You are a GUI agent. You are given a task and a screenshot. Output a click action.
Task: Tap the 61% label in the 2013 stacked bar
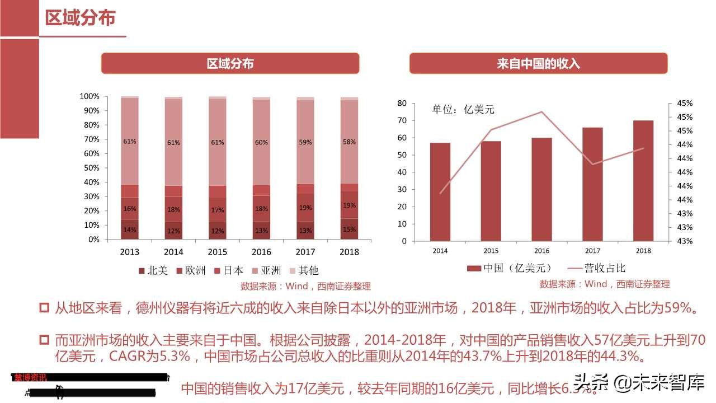[130, 142]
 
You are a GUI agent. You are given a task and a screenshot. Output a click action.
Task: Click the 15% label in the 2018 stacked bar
[349, 229]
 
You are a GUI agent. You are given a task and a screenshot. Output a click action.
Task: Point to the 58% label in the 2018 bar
[349, 142]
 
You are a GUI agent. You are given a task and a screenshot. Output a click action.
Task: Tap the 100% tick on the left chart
[89, 97]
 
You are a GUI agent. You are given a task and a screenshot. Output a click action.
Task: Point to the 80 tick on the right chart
[417, 104]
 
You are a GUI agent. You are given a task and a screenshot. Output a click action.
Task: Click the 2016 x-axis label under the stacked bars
[262, 252]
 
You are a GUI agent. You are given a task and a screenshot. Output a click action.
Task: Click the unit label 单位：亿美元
[463, 110]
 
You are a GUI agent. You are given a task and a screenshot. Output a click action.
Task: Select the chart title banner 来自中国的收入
[538, 64]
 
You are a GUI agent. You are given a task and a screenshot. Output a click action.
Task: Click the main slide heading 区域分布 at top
[81, 18]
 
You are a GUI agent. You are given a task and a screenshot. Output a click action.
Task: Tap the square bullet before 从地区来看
[45, 308]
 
